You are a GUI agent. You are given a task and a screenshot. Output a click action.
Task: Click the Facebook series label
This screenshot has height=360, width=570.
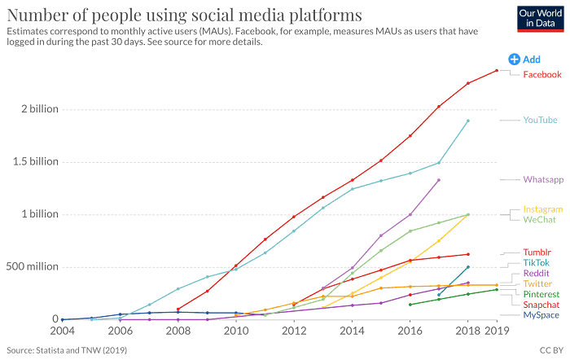[x=541, y=75]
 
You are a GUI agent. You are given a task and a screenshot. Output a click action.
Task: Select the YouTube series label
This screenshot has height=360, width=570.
[x=540, y=120]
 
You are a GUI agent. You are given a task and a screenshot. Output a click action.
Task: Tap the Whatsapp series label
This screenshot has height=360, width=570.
[x=542, y=179]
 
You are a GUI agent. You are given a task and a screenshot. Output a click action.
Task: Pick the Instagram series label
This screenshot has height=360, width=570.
[x=542, y=209]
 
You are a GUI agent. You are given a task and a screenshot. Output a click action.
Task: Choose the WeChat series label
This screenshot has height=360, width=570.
[x=538, y=219]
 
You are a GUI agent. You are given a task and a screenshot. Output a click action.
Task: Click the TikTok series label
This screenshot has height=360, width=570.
[x=536, y=263]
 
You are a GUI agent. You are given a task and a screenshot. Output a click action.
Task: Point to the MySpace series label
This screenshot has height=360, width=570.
[x=541, y=315]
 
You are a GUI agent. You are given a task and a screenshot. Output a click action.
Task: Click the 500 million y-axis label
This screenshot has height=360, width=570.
[x=30, y=266]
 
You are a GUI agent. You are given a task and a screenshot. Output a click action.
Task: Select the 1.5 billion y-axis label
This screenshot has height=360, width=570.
[x=27, y=161]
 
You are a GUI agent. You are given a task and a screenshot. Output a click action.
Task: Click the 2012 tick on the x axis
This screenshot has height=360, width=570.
[x=294, y=332]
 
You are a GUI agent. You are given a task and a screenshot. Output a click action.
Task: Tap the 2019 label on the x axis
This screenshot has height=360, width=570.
[x=497, y=332]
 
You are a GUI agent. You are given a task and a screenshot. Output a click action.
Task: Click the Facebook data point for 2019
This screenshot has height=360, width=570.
[x=497, y=70]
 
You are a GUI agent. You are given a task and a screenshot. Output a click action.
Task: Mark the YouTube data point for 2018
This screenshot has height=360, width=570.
[x=468, y=121]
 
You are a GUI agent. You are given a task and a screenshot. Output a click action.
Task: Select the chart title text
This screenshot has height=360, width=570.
[x=184, y=15]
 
